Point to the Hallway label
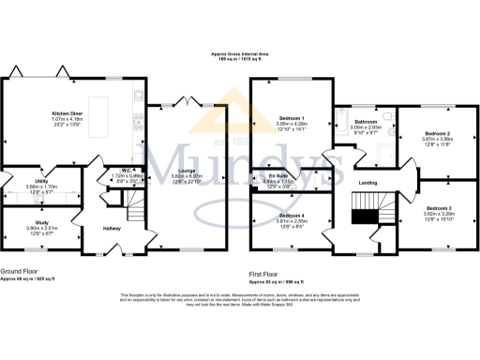click(112, 228)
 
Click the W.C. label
click(124, 171)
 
